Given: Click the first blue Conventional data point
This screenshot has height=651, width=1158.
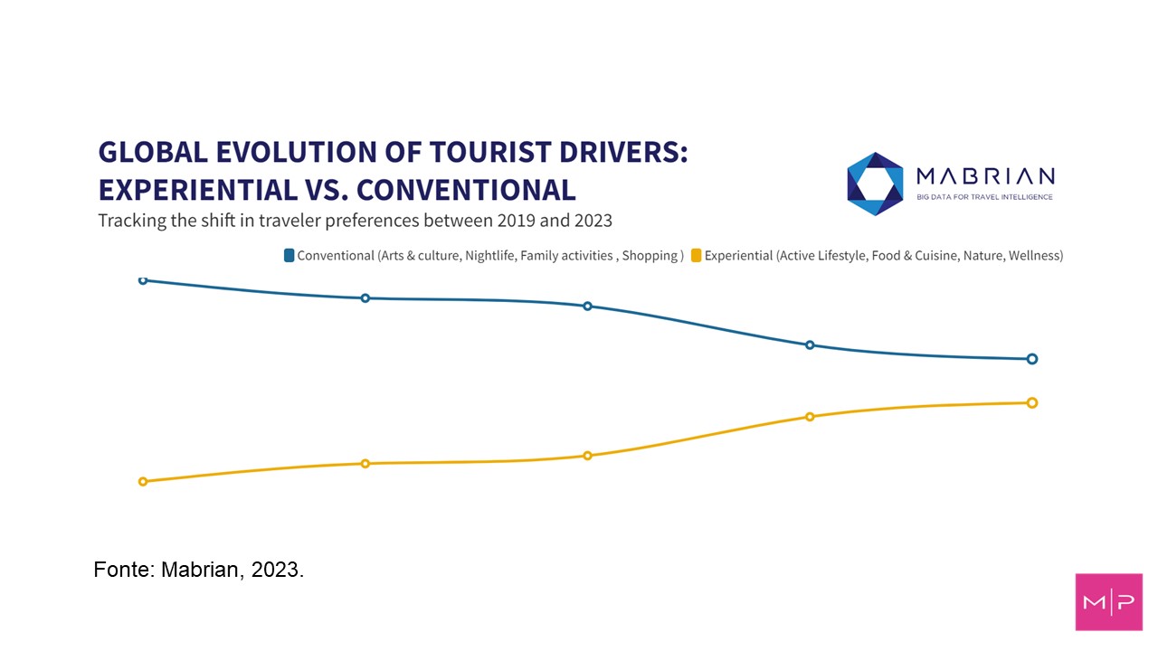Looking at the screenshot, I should pos(143,280).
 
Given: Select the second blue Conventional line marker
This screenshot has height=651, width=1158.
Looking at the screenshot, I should pos(365,298).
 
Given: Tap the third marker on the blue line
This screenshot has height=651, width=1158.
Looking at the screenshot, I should pos(588,307).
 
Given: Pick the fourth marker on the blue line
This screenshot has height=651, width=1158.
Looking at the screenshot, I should pos(810,345).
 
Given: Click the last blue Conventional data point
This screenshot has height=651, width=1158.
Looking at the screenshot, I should pos(1032,359).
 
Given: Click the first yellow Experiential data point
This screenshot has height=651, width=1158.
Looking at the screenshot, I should pos(143,482).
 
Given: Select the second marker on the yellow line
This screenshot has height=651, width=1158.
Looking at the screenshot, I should pos(365,464).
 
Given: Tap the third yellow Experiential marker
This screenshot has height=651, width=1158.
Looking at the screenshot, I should pos(588,456).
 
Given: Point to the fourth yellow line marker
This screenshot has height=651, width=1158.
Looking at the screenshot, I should pos(810,417).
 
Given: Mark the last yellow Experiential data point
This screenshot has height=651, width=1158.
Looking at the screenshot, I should pos(1032,403).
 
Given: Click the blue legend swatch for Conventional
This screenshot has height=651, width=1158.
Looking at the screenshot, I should pos(289,256).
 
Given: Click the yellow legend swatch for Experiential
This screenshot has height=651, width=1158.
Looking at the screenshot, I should pos(697,256).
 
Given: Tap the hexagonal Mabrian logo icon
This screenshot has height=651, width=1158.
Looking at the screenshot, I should pos(875,184).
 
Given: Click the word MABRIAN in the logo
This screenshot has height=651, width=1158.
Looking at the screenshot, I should pos(984,176).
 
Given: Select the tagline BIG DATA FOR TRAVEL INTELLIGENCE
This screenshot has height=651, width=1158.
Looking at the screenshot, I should pos(984,197).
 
